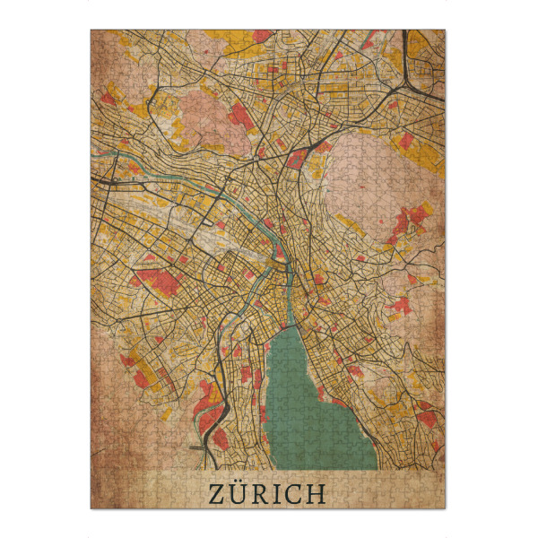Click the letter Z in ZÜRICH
click(x=218, y=493)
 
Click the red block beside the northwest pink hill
click(x=240, y=115)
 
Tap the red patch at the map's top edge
click(x=260, y=37)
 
